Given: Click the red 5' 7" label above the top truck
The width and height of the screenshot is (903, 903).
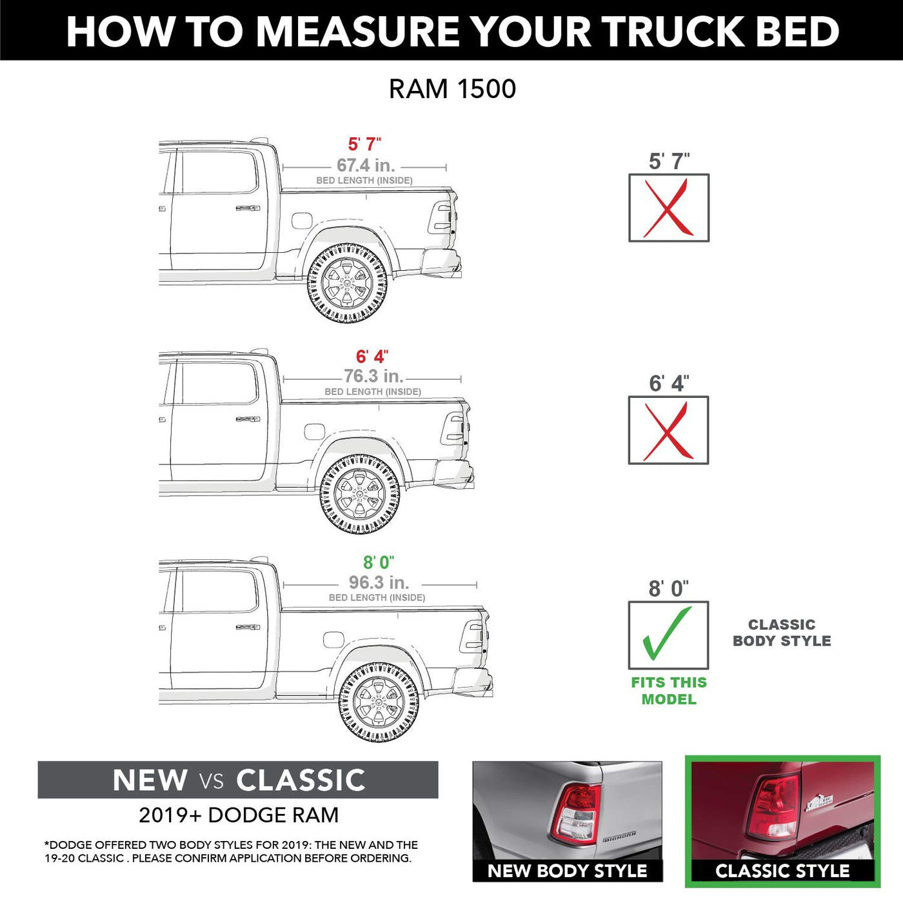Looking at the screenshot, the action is coord(364,144).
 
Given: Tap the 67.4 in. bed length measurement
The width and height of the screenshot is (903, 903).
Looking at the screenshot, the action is coord(366,165).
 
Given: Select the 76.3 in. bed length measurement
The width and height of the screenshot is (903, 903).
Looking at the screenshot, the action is coord(373,376).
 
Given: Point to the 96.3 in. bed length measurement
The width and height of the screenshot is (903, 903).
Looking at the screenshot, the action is coord(379,582).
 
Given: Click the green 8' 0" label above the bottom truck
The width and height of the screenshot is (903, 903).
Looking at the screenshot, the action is coord(379,562).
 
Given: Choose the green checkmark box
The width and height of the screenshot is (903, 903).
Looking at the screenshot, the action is coord(668,635).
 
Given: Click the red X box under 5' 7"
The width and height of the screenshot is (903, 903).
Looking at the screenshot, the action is coord(669,208).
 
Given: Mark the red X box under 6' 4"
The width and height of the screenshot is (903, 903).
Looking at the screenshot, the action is coord(668,430).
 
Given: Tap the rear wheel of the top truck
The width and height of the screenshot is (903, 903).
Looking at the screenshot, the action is coord(347,284).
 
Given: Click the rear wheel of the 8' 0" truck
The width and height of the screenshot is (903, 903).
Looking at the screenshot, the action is coord(379,702).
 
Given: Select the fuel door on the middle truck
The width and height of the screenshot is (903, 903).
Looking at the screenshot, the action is coord(314,432).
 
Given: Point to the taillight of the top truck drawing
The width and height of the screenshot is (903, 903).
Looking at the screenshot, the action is coord(441,217).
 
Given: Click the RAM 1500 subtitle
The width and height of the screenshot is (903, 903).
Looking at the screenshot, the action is coord(452,88).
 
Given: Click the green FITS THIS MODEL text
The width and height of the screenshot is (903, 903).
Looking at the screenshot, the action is coord(669,691).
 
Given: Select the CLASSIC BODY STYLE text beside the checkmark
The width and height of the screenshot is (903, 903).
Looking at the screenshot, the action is coord(782,633).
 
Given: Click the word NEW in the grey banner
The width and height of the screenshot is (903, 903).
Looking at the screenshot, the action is coord(150,780).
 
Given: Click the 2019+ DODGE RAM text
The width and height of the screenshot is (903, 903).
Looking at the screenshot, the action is coord(239,815).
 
